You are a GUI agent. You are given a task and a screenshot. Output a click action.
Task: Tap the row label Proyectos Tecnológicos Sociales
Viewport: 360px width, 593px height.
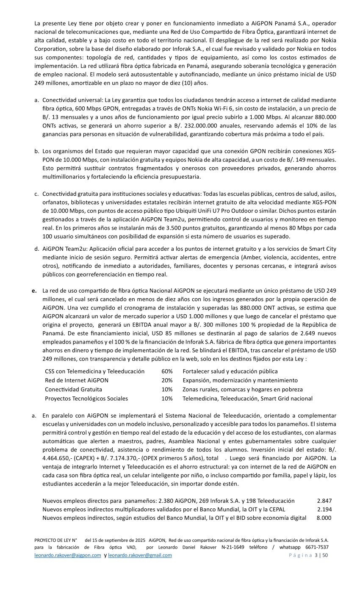[x=86, y=399]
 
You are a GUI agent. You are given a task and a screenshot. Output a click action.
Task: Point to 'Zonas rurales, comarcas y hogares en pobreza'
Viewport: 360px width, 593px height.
[x=243, y=389]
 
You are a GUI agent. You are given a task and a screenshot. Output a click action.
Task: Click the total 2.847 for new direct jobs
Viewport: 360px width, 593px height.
[x=324, y=501]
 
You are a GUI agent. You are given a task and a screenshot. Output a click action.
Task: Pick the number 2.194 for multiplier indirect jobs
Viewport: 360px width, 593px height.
[x=324, y=509]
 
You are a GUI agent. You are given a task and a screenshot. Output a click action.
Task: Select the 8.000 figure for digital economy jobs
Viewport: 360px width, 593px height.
[x=324, y=518]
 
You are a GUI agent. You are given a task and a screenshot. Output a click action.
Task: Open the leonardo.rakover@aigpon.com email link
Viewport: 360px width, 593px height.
[x=68, y=556]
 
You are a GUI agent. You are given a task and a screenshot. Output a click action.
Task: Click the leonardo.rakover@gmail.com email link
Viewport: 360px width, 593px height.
[x=140, y=556]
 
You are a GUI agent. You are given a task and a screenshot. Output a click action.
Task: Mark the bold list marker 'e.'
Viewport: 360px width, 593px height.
[x=34, y=291]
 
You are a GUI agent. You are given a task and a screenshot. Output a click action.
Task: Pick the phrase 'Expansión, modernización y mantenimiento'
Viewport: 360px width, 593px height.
[x=240, y=380]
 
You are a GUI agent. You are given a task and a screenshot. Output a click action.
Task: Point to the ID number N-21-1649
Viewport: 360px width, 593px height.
[x=233, y=547]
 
